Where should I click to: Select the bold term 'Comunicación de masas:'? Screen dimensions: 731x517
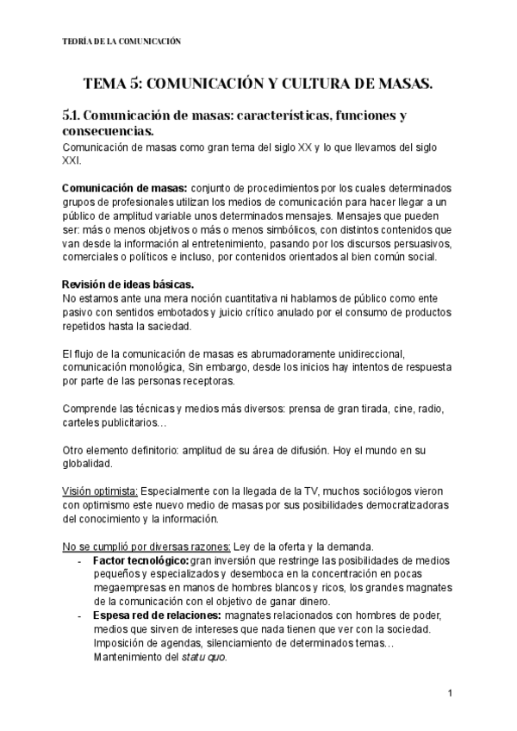coord(125,189)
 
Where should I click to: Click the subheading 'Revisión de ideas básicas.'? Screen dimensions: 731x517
coord(128,284)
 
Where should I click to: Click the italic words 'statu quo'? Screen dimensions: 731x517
coord(204,657)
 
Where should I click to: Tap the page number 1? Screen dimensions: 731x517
coord(450,693)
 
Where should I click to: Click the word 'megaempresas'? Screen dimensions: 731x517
coord(131,588)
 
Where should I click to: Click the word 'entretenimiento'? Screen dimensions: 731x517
coord(232,243)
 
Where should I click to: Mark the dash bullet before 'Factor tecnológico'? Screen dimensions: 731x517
coord(79,561)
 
